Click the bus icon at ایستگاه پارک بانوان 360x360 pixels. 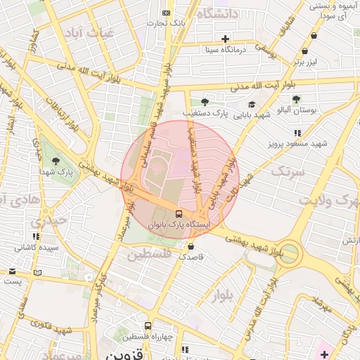[179, 214]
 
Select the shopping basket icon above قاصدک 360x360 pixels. [191, 247]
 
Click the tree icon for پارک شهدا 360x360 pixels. [56, 162]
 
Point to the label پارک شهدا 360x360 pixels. [56, 172]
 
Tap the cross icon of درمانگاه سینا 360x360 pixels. [225, 39]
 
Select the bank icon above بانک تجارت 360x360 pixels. [166, 13]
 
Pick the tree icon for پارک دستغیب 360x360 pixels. [205, 102]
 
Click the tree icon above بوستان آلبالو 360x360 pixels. [296, 98]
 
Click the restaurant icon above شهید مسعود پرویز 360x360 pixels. [297, 132]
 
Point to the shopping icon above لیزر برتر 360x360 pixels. [304, 51]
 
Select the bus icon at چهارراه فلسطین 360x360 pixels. [148, 326]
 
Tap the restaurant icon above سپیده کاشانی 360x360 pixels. [34, 236]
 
